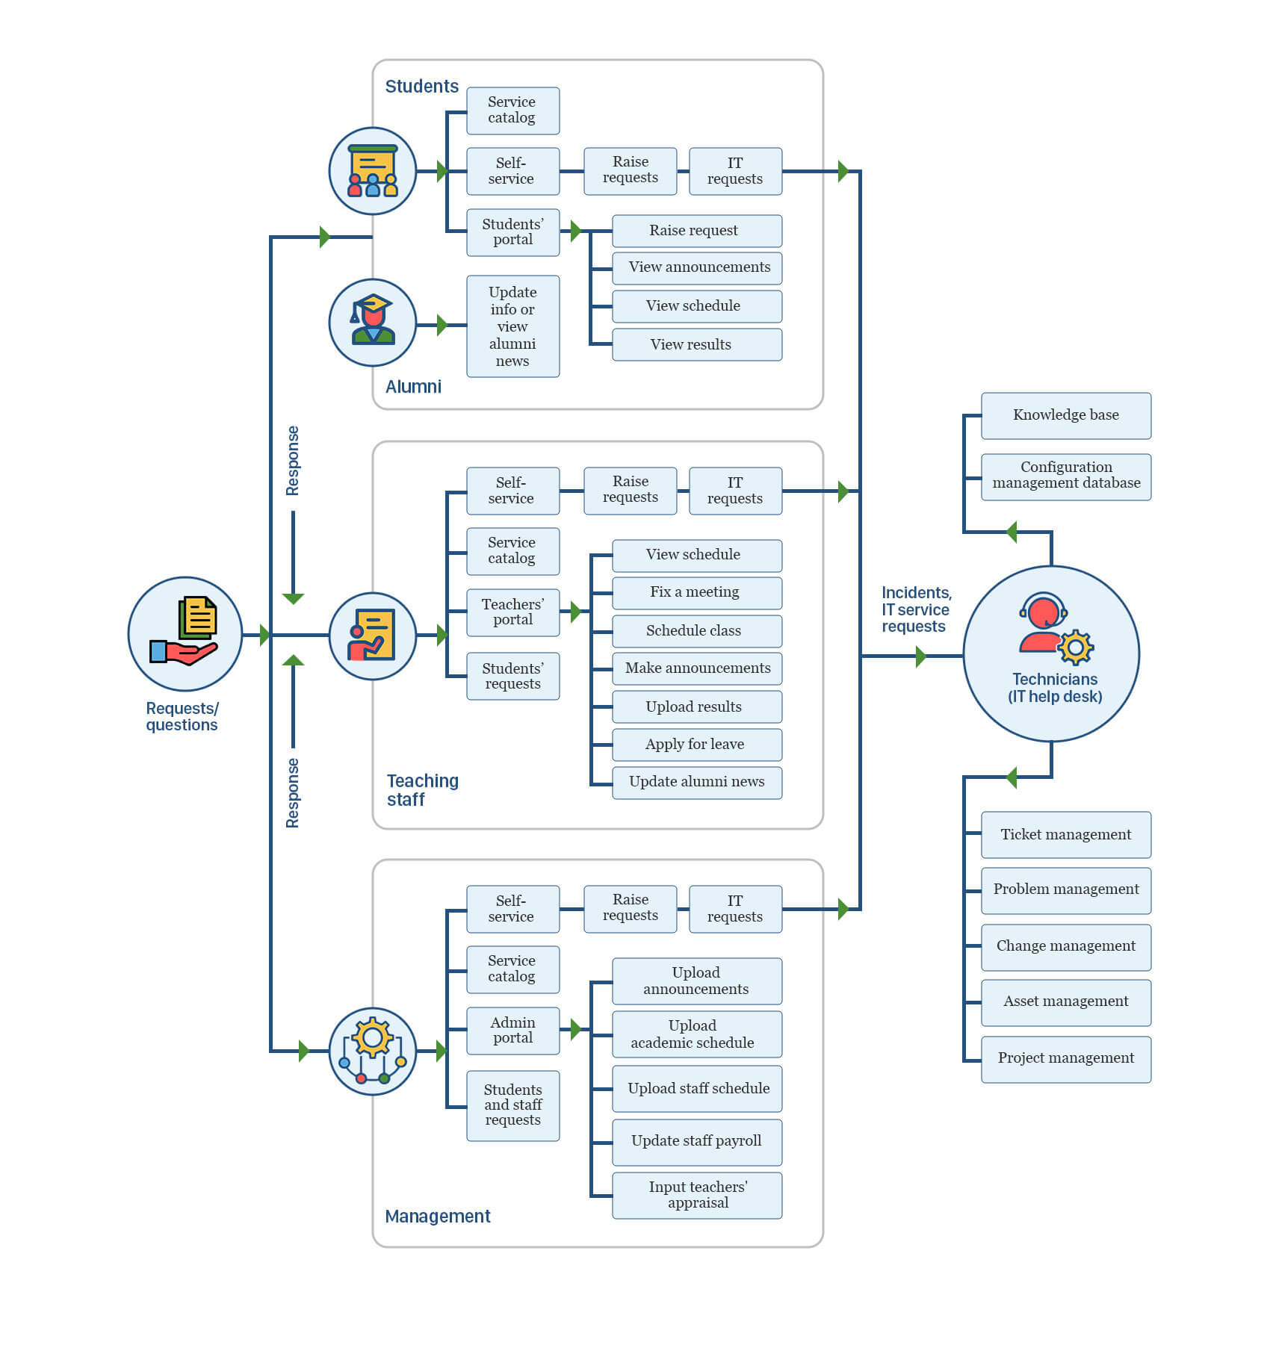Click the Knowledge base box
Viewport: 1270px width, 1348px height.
(1065, 415)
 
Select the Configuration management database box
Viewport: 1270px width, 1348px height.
(1065, 476)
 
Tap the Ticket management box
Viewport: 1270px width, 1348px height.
(1065, 834)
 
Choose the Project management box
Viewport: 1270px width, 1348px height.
(1065, 1058)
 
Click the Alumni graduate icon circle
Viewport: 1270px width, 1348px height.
(372, 323)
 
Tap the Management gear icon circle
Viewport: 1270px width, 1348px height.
(372, 1051)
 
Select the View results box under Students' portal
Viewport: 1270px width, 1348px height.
(696, 344)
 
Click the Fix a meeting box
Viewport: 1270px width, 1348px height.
(696, 592)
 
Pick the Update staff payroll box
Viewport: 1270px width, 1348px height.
(696, 1141)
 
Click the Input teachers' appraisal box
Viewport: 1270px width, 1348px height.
(696, 1195)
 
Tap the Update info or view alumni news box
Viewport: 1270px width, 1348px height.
(512, 326)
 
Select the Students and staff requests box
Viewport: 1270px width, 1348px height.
(512, 1105)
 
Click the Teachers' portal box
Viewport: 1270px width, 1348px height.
(512, 612)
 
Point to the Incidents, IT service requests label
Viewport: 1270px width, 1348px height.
(916, 609)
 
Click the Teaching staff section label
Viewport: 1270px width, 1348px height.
(422, 790)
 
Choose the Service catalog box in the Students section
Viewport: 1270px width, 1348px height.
(512, 111)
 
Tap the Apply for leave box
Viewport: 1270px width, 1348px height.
(696, 745)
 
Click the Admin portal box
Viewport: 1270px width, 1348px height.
(512, 1031)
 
